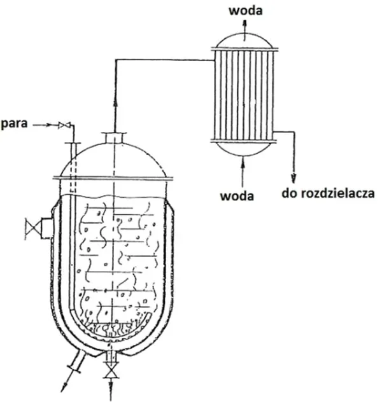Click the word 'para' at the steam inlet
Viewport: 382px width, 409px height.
(15, 123)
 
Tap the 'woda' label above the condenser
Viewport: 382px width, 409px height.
(246, 11)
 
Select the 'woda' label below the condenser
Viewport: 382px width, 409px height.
(237, 196)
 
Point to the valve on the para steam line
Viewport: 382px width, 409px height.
(64, 125)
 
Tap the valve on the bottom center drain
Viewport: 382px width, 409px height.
(111, 374)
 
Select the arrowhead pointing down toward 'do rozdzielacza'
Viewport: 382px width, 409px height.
(294, 179)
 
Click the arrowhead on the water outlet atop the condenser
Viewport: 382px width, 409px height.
(245, 22)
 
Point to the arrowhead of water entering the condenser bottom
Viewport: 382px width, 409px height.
(243, 161)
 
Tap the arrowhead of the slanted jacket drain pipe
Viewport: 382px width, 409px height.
(64, 388)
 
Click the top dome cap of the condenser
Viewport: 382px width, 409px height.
(244, 40)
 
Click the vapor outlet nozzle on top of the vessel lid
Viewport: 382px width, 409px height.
(114, 138)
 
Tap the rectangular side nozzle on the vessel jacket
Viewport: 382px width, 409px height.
(47, 228)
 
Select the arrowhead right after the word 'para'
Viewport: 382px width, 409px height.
(48, 125)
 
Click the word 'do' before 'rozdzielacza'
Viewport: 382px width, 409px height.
(290, 193)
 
